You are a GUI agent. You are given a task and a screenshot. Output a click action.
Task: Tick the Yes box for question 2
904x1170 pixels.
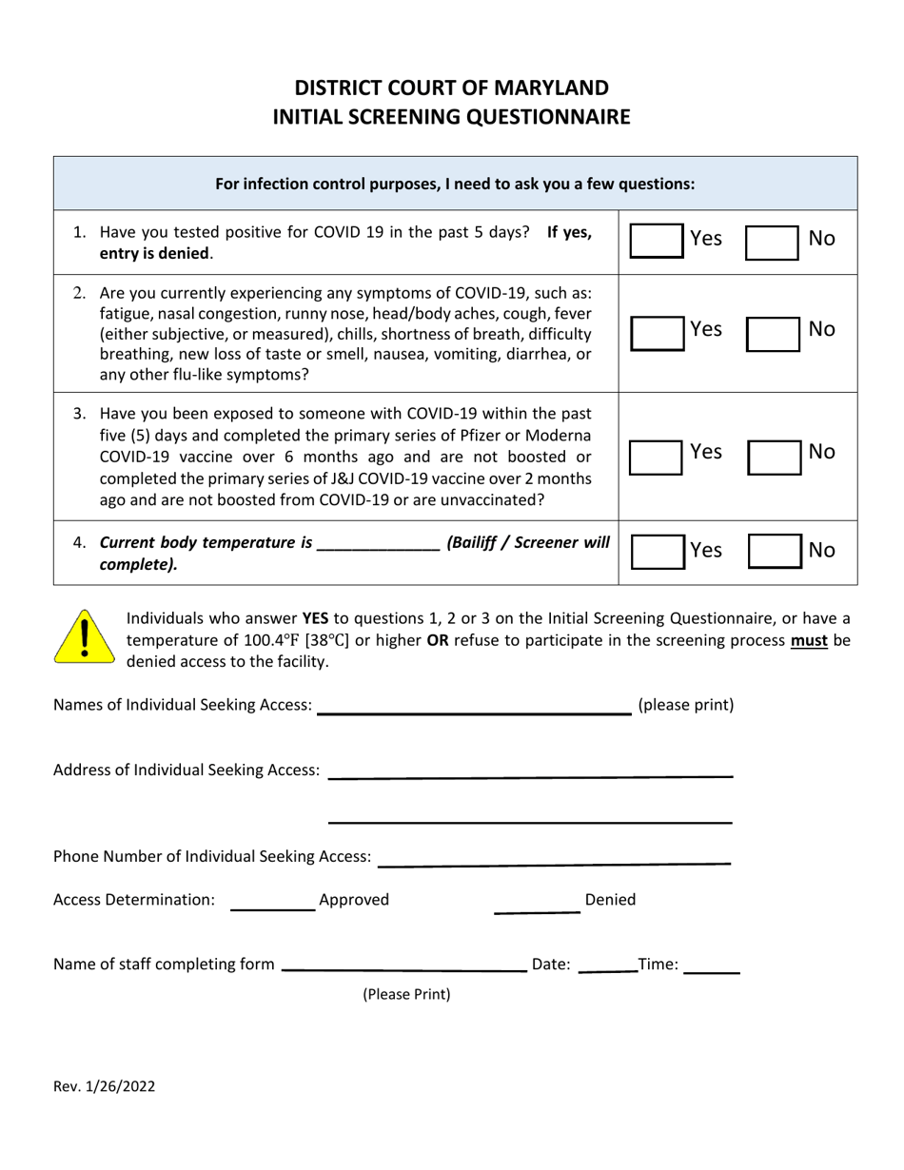(658, 331)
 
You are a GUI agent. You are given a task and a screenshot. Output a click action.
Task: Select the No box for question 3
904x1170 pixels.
(773, 455)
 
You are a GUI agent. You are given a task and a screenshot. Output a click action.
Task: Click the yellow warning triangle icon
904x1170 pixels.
(84, 636)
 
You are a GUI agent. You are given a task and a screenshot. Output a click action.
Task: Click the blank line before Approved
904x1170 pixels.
(273, 902)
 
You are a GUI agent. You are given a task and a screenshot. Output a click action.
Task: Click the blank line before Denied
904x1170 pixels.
(537, 902)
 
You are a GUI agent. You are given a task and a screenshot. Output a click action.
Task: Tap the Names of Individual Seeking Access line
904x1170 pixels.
(474, 706)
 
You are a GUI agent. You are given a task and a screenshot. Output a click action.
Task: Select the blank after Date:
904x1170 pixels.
(607, 965)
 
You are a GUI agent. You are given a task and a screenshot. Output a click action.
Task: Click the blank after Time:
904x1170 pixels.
(712, 965)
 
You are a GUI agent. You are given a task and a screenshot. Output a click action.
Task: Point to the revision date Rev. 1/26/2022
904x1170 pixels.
(105, 1086)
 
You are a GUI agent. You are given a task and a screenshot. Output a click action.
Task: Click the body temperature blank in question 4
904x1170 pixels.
(378, 544)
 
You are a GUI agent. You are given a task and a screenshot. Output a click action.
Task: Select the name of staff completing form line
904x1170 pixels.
(404, 965)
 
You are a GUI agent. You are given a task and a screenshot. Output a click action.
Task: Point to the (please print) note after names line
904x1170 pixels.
(685, 706)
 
